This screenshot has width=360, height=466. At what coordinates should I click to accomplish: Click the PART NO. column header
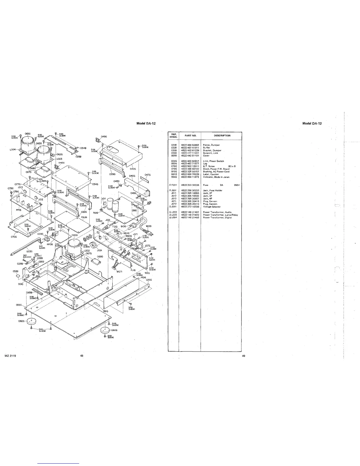tap(190, 136)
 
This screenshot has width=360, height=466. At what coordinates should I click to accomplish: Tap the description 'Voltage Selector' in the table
tap(212, 207)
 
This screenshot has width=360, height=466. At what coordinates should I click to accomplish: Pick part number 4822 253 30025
tap(190, 185)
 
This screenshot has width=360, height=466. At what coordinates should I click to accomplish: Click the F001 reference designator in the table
tap(173, 185)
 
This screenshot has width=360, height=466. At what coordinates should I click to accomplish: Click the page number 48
tap(82, 356)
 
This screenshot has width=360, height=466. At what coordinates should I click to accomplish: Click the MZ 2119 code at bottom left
tap(10, 356)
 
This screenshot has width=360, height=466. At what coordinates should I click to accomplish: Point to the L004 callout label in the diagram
tap(12, 149)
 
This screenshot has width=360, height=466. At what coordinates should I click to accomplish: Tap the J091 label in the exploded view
tap(99, 250)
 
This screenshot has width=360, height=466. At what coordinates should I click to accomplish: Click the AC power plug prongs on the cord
tap(151, 233)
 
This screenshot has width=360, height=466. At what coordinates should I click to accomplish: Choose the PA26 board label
tap(84, 217)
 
